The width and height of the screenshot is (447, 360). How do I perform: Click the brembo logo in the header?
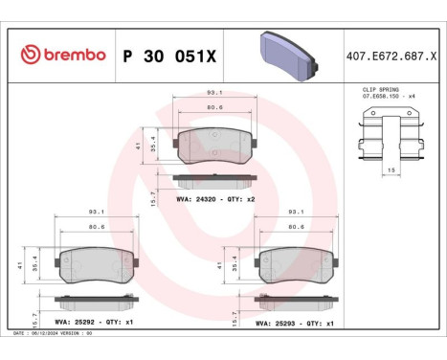(x=62, y=55)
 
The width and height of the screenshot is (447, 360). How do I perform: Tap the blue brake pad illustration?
(x=286, y=54)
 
